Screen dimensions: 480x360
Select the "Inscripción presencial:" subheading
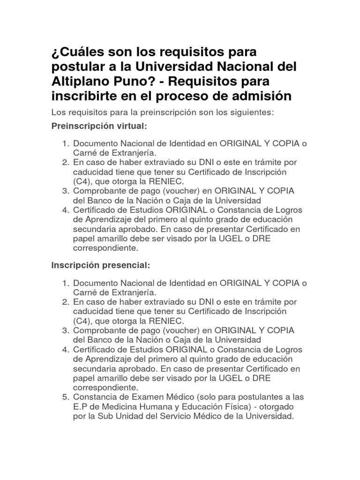click(100, 265)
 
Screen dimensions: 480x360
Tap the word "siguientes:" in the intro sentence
click(249, 112)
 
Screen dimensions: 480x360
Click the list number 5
click(66, 397)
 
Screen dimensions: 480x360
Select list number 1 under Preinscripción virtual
click(66, 143)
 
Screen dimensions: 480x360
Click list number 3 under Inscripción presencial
click(66, 330)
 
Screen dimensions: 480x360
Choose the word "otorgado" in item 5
click(278, 406)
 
